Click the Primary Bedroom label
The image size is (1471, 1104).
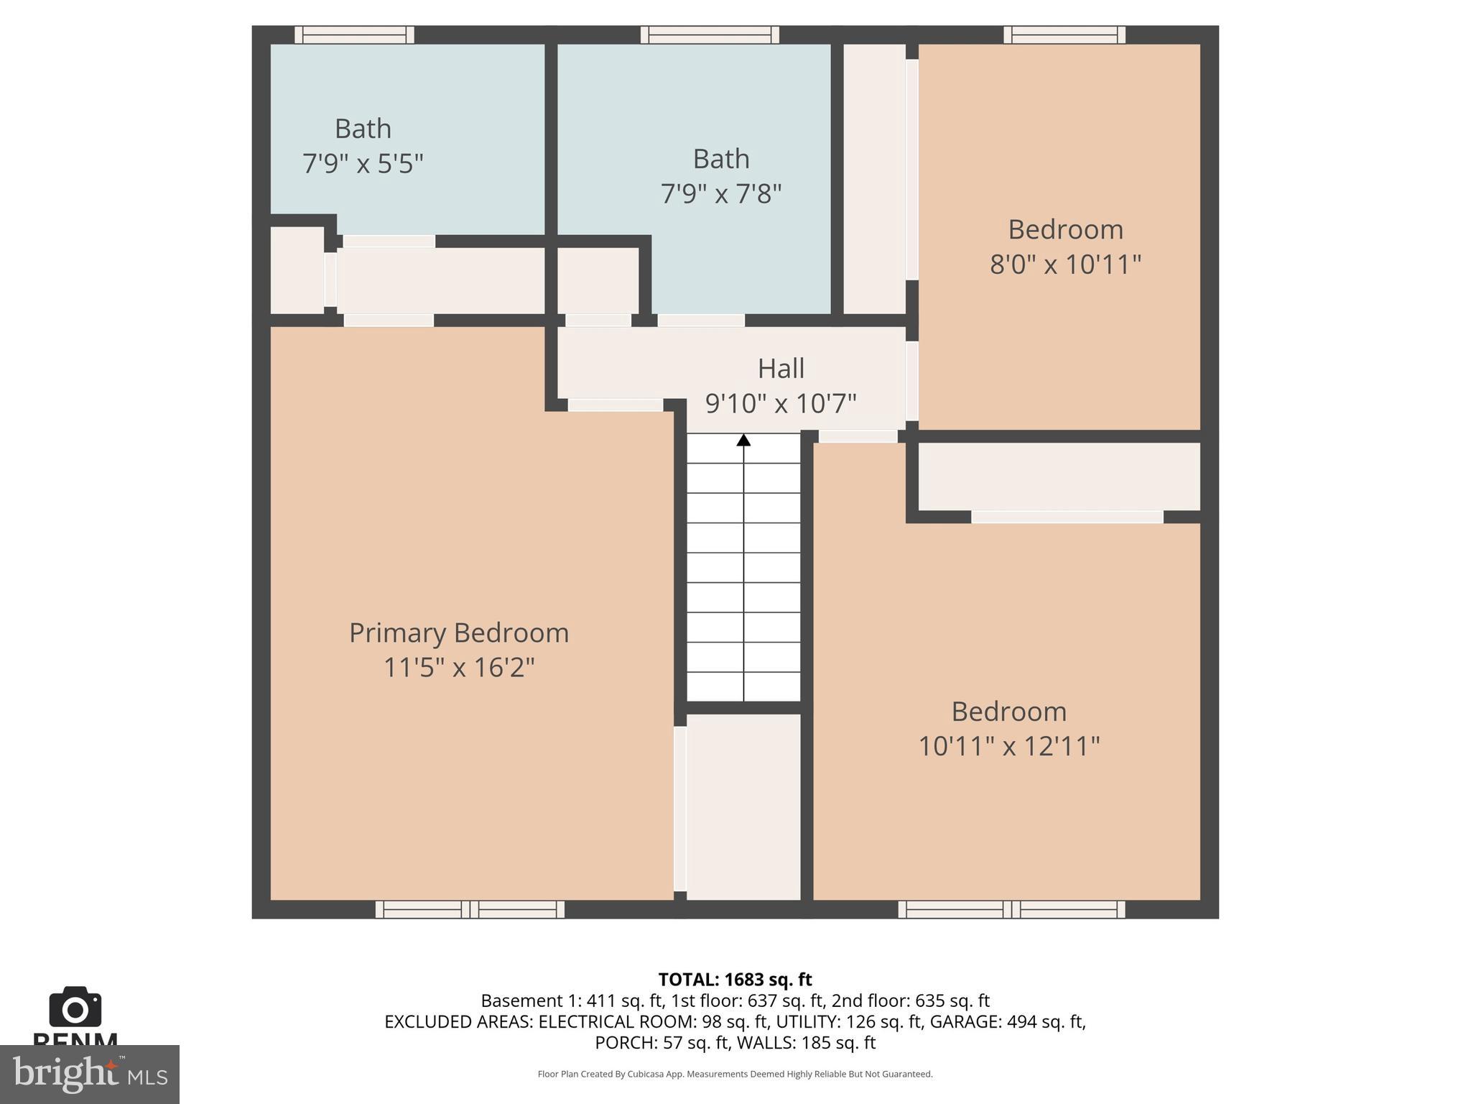458,633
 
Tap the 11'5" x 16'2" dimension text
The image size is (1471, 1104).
458,668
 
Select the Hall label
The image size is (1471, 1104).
781,369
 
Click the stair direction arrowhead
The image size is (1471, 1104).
743,440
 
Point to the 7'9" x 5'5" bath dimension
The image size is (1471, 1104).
363,164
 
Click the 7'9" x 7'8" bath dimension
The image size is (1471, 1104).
720,194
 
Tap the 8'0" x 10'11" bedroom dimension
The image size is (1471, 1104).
1065,264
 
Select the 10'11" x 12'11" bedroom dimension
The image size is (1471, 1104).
1008,746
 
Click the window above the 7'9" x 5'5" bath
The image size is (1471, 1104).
354,34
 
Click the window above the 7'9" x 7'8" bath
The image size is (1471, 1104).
710,34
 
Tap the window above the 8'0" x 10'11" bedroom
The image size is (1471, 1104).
1064,34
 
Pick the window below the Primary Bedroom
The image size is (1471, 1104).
470,909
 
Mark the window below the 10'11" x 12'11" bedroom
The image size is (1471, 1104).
1011,909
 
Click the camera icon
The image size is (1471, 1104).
75,1007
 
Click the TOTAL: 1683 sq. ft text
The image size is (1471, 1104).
735,980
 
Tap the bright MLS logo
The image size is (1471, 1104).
89,1075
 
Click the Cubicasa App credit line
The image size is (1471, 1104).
735,1075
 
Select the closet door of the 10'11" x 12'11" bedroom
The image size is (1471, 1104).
1067,517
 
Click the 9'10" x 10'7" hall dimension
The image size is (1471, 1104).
781,403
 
